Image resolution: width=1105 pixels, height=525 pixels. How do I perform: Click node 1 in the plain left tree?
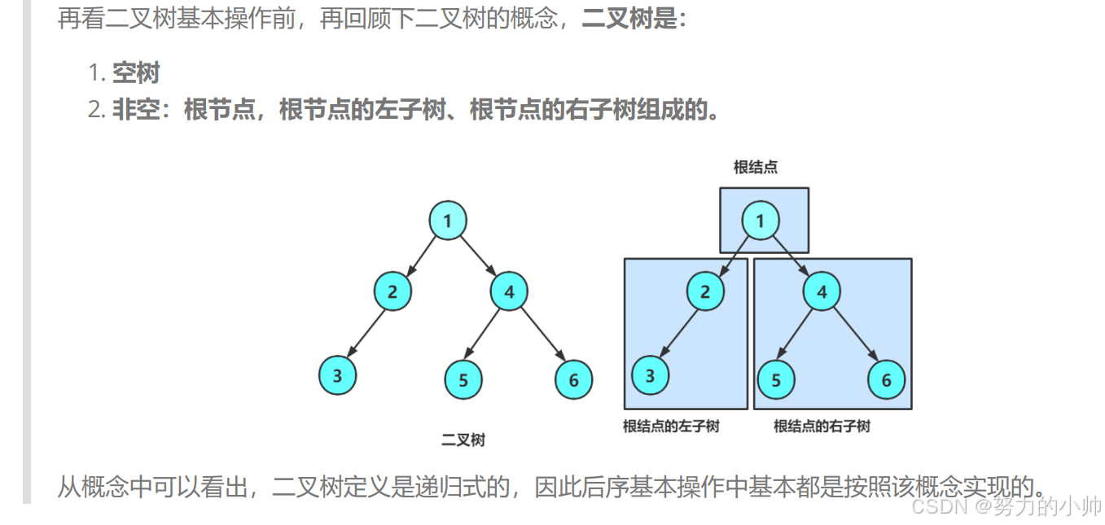[x=448, y=221]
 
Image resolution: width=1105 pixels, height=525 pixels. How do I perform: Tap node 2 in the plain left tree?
[x=392, y=291]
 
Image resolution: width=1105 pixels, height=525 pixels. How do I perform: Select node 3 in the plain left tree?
[x=337, y=376]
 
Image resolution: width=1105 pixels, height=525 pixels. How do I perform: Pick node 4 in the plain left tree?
[x=509, y=291]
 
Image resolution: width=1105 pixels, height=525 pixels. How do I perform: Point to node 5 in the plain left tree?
[x=463, y=379]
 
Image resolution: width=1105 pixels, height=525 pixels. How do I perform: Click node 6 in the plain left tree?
[x=573, y=379]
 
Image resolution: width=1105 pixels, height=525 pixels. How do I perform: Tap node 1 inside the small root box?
[x=761, y=221]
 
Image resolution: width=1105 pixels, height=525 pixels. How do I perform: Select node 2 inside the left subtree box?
[x=705, y=291]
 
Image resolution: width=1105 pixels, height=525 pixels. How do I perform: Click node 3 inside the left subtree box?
[x=650, y=376]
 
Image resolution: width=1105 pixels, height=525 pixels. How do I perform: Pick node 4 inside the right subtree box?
[x=822, y=291]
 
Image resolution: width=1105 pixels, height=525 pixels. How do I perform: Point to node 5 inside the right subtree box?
[x=776, y=379]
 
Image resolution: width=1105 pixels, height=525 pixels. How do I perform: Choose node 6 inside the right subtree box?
[x=886, y=379]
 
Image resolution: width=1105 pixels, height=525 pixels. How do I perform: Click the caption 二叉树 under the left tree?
[x=463, y=440]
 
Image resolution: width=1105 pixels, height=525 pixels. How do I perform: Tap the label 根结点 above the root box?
[x=755, y=168]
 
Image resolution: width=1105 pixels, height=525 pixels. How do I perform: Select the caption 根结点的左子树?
[x=671, y=426]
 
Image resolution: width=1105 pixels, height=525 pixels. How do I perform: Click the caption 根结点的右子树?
[x=822, y=426]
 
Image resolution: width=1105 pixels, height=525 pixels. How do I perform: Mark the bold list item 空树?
[x=136, y=73]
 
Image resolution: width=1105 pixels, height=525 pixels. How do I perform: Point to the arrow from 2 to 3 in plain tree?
[x=366, y=333]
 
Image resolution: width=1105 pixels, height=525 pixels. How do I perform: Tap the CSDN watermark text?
[x=1006, y=506]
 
